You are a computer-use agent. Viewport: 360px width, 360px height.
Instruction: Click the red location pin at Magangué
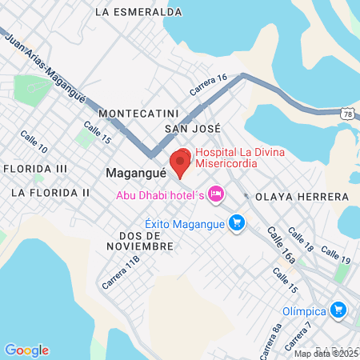180,163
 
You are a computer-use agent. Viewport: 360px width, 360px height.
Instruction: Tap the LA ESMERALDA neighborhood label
138,12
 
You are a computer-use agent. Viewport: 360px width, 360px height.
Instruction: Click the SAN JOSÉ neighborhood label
192,128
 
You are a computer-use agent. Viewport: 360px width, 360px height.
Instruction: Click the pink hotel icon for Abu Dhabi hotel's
214,194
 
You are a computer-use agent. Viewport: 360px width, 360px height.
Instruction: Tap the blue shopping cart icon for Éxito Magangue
236,222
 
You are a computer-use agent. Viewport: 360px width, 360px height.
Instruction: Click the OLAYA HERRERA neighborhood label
302,196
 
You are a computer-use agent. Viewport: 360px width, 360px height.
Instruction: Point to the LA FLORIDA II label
50,193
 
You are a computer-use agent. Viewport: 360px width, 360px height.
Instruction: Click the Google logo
26,350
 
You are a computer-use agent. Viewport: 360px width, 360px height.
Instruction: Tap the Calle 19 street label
334,255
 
